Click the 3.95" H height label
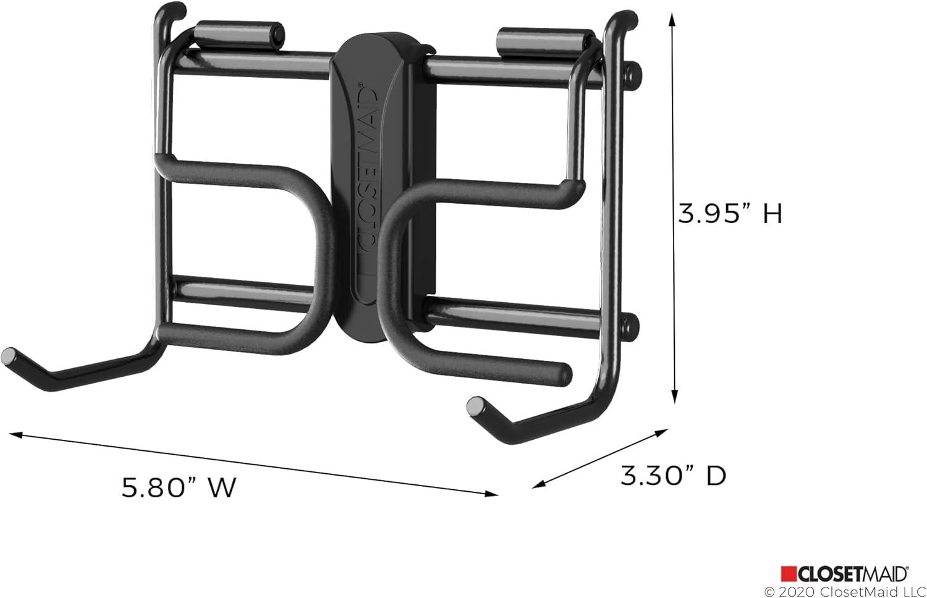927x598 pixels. coord(730,214)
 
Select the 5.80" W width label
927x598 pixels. coord(179,487)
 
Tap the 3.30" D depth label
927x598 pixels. coord(673,476)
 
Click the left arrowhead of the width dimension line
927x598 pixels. coord(14,436)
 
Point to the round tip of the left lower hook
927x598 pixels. coord(9,356)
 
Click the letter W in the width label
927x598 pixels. coord(221,487)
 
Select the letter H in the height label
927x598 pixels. coord(772,214)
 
